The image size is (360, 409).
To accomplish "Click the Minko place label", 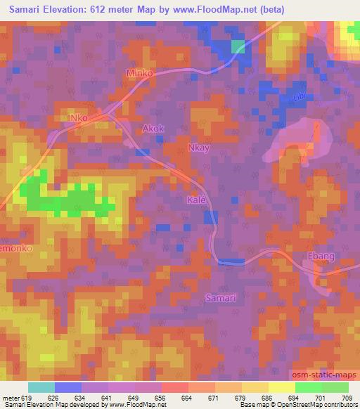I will pyautogui.click(x=139, y=72).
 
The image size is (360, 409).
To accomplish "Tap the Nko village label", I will pyautogui.click(x=77, y=118).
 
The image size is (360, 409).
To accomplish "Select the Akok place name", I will pyautogui.click(x=153, y=129).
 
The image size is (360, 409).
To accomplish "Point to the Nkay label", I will pyautogui.click(x=200, y=148).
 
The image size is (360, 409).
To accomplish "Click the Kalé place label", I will pyautogui.click(x=197, y=200).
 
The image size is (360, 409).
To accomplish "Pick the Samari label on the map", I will pyautogui.click(x=220, y=298).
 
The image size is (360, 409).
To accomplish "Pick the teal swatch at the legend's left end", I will pyautogui.click(x=41, y=387).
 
